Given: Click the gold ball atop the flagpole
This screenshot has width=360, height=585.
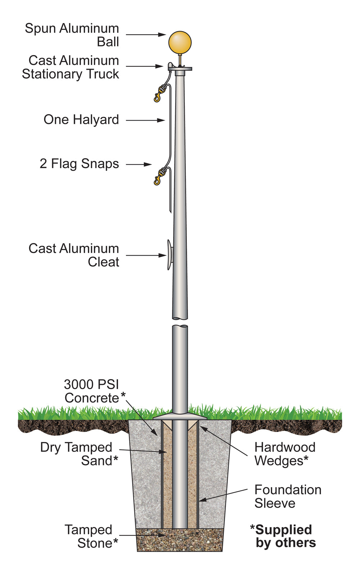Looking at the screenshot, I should coord(180,42).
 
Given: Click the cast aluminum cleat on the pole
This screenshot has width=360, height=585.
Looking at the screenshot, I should coord(169,255).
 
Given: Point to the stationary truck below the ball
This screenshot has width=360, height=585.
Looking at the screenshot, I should coord(180,68).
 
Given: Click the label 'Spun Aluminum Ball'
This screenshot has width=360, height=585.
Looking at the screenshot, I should coord(72,35).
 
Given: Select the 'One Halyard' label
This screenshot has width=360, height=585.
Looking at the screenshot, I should coord(81,120).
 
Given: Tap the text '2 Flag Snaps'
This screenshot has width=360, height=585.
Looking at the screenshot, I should coord(79,164).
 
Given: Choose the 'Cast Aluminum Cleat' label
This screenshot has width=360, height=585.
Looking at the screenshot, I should coord(74,255).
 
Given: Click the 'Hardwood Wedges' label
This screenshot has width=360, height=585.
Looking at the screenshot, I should coord(284,454).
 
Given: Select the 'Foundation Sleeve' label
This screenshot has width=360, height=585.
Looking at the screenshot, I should coord(287,496).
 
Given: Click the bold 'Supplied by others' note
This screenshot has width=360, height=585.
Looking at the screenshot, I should coord(283,536).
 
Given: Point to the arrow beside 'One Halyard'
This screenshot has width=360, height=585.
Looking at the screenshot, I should coord(145,120).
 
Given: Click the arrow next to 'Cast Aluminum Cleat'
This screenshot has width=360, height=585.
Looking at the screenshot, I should coord(146,256).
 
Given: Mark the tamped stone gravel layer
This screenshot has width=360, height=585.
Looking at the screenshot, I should coord(180,540).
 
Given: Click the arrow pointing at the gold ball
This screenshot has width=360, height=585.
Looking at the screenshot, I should coord(145,35).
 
